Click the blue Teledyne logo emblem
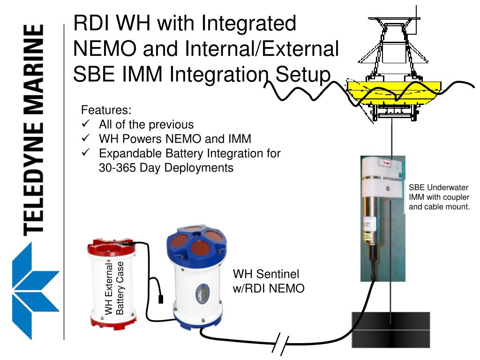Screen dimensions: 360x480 35,291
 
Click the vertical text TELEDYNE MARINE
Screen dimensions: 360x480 35,129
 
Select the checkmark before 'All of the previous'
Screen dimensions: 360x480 85,124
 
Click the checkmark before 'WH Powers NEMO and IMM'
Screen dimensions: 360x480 85,139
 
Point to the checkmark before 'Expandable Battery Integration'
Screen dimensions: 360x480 85,153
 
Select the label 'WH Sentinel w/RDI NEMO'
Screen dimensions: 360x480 269,281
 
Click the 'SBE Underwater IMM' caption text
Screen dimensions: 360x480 439,197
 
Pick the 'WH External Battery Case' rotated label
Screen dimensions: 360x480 114,288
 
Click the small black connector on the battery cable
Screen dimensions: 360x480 161,299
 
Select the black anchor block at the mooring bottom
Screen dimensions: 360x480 390,330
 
